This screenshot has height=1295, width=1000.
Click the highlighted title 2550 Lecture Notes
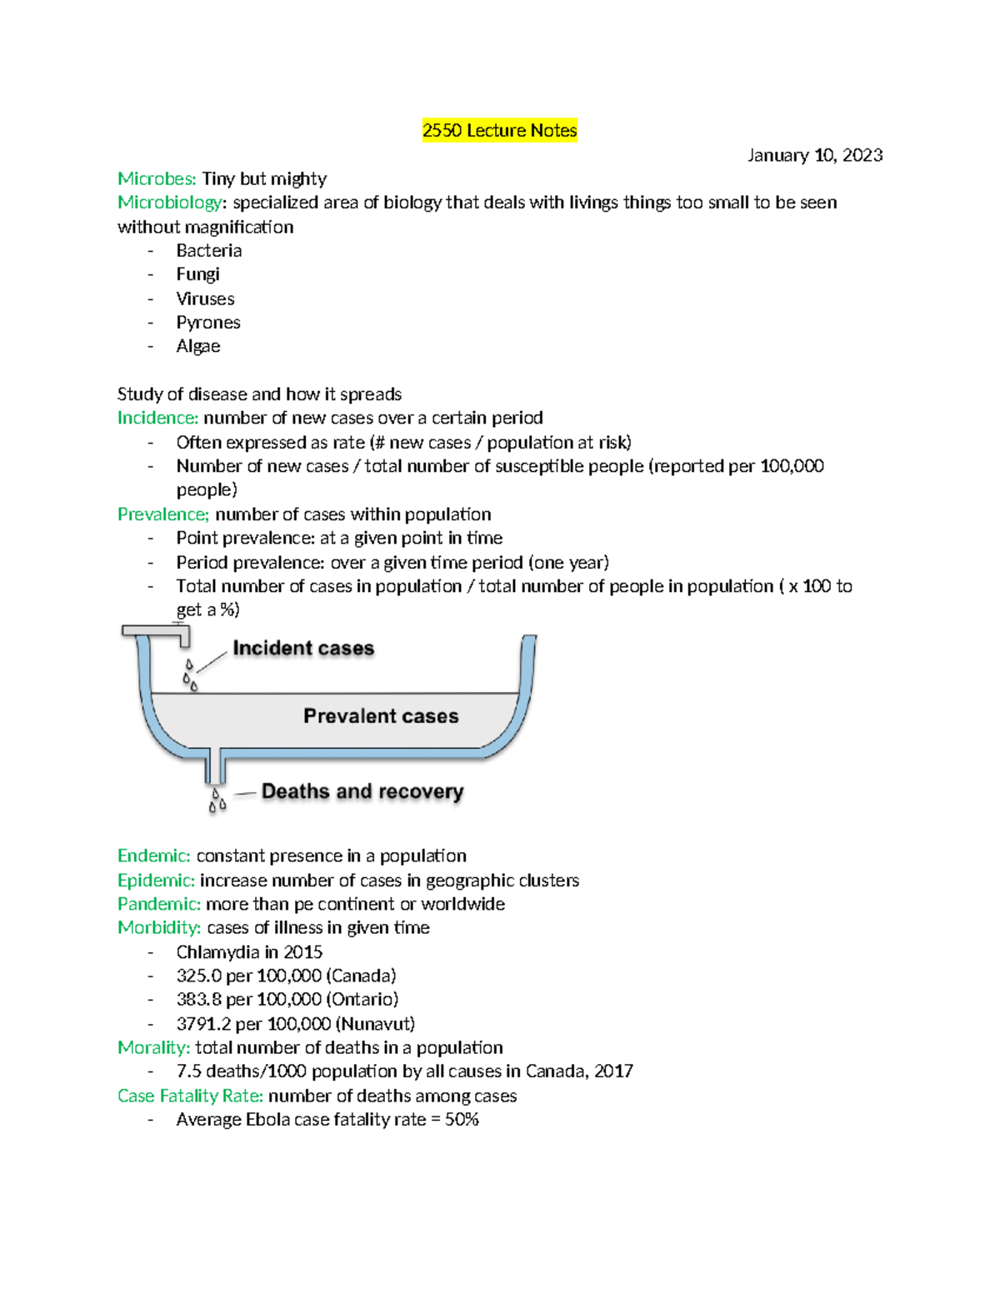499,131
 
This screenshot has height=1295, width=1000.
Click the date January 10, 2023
814,155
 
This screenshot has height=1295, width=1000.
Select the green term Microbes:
157,179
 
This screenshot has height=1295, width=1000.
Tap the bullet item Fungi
197,274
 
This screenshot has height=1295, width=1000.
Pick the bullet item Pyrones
208,323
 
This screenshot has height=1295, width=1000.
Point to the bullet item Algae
198,347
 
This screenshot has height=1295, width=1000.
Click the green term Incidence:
157,418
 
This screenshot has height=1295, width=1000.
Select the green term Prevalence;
163,514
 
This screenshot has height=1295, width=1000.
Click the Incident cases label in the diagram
303,649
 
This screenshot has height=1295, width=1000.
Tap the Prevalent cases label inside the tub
381,716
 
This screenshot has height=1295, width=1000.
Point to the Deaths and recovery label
362,791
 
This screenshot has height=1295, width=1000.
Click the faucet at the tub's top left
158,634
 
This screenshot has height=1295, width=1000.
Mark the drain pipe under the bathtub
217,767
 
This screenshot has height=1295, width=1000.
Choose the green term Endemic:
154,856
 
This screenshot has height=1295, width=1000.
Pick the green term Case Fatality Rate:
190,1097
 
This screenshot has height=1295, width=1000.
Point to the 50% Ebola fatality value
462,1120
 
